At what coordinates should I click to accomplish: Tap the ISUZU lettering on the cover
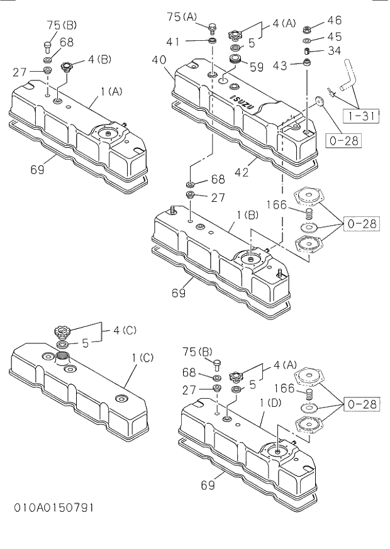pyautogui.click(x=241, y=101)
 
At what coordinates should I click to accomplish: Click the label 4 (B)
pyautogui.click(x=100, y=60)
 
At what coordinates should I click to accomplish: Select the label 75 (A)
pyautogui.click(x=181, y=17)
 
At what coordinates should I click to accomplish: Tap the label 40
pyautogui.click(x=159, y=60)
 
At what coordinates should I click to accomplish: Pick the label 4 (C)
pyautogui.click(x=125, y=330)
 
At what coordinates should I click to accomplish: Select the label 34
pyautogui.click(x=335, y=51)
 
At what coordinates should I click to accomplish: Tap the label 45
pyautogui.click(x=335, y=37)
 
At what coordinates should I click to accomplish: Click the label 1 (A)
pyautogui.click(x=110, y=92)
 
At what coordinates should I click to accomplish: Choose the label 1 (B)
pyautogui.click(x=247, y=216)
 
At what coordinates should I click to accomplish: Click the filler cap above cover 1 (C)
pyautogui.click(x=63, y=330)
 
